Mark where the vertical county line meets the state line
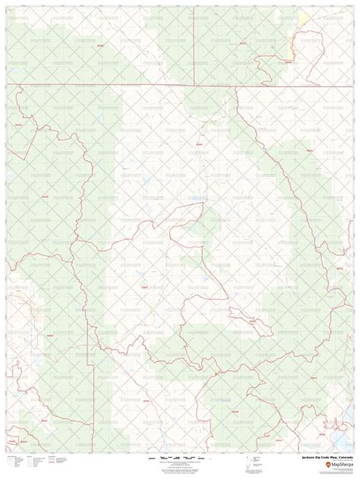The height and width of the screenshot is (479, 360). (x=193, y=84)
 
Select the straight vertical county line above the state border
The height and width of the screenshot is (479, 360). (x=193, y=46)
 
